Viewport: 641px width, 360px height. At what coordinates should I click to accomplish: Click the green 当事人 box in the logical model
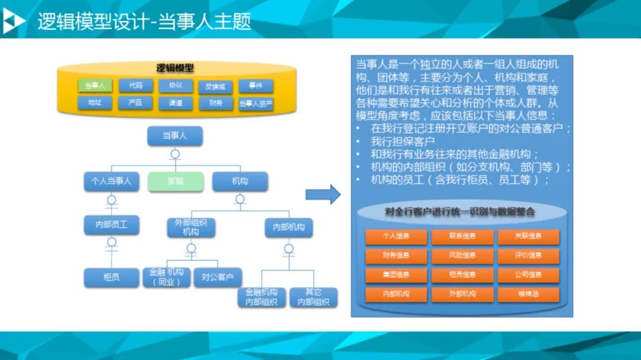click(x=95, y=86)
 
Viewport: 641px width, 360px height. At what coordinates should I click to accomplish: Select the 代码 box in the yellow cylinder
click(x=135, y=86)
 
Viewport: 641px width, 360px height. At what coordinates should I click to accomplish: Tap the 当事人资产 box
click(x=256, y=104)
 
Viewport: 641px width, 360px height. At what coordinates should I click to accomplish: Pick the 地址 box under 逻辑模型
click(x=95, y=103)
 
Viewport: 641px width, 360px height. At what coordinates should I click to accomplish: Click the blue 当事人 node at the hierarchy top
click(x=174, y=136)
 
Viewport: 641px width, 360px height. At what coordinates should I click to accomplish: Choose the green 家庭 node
click(x=174, y=181)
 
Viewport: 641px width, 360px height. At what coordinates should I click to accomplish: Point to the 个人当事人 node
click(x=112, y=181)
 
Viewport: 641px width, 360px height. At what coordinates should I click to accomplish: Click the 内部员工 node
click(x=112, y=225)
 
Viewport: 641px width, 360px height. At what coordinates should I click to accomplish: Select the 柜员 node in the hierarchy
click(x=112, y=276)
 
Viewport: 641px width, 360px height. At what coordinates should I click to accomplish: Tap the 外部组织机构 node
click(x=191, y=227)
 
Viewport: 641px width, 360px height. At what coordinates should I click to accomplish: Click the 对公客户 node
click(x=218, y=276)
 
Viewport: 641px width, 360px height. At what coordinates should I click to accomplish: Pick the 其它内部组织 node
click(x=313, y=297)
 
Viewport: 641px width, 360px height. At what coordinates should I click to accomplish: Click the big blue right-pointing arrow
click(x=323, y=195)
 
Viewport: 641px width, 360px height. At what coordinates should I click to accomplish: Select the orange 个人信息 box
click(x=396, y=236)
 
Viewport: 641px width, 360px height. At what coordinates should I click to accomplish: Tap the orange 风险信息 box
click(x=462, y=256)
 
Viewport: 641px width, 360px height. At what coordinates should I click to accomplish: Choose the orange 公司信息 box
click(x=528, y=275)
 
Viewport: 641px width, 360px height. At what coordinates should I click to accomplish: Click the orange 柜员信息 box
click(x=462, y=275)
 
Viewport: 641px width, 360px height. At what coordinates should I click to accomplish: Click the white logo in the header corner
click(x=13, y=21)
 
